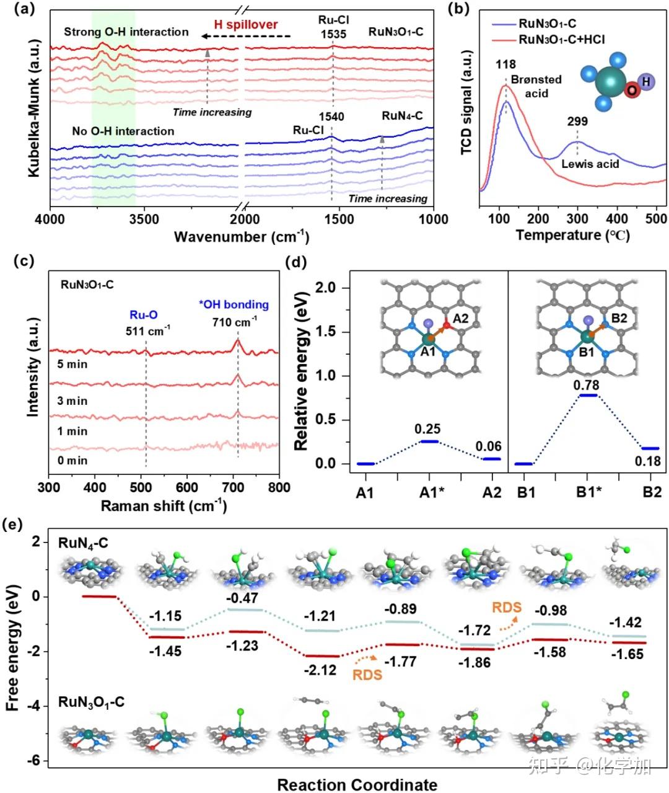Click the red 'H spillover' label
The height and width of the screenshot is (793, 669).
(246, 25)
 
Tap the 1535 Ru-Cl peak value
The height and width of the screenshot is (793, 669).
(333, 35)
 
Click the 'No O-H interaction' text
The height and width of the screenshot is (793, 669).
(123, 131)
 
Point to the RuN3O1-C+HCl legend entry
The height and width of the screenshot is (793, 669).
(561, 40)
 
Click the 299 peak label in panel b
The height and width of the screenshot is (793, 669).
(577, 122)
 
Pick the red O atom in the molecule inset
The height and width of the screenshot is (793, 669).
(631, 91)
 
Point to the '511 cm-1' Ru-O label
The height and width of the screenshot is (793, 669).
(146, 330)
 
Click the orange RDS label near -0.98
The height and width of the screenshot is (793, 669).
(507, 608)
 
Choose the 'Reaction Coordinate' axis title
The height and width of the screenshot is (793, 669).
(357, 784)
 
